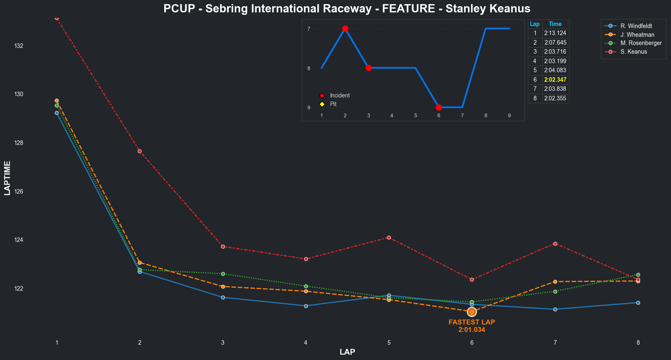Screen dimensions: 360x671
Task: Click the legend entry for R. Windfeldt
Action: pos(636,26)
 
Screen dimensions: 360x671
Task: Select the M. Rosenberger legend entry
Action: pos(641,43)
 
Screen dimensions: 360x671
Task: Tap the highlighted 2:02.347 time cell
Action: pos(555,80)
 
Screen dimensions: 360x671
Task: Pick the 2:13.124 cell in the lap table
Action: pos(555,33)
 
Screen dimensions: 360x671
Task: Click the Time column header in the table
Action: pos(555,24)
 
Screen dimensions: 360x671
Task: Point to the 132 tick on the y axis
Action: pos(19,46)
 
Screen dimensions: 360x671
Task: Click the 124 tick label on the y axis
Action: pos(19,240)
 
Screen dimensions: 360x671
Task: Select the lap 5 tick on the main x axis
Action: pos(389,343)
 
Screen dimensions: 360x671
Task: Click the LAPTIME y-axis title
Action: pos(7,178)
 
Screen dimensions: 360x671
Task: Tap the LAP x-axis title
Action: pos(347,352)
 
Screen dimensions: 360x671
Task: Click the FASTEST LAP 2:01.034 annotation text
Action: pos(472,326)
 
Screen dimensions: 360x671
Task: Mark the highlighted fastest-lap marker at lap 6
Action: pos(472,312)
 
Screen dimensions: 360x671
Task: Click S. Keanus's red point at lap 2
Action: pos(139,151)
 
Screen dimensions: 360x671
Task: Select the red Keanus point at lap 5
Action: pos(389,237)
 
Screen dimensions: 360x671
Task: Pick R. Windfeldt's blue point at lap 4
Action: pos(306,306)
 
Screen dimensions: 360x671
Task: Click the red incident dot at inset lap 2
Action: pos(345,29)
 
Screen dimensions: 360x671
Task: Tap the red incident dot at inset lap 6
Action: pos(439,107)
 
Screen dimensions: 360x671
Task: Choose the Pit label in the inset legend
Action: pos(333,104)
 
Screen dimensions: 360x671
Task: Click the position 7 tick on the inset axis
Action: pos(309,29)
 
